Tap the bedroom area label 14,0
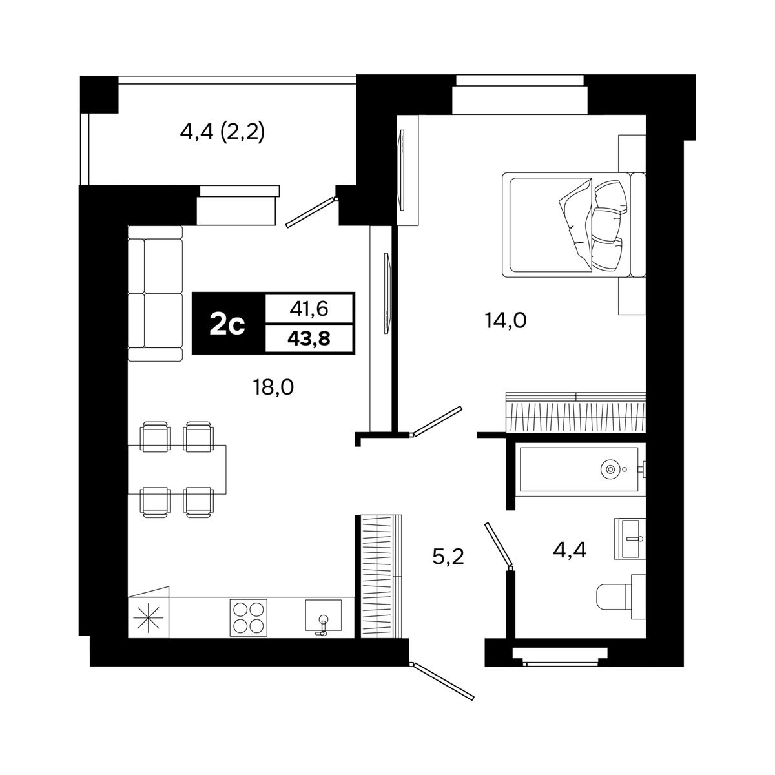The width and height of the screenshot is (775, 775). click(506, 321)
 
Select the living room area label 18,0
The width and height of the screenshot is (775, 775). click(273, 387)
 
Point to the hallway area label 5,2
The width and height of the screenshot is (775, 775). click(448, 557)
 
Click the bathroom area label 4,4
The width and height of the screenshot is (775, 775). click(570, 550)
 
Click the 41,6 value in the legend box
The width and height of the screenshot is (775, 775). click(309, 309)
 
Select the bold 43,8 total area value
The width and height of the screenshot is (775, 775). click(309, 339)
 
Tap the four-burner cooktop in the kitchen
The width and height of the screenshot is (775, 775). click(248, 618)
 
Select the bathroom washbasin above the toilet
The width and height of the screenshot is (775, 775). click(630, 539)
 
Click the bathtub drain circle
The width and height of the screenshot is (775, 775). click(610, 468)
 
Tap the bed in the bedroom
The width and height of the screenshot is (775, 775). click(573, 225)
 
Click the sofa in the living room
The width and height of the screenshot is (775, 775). click(155, 293)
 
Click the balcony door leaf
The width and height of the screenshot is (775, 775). click(311, 212)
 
